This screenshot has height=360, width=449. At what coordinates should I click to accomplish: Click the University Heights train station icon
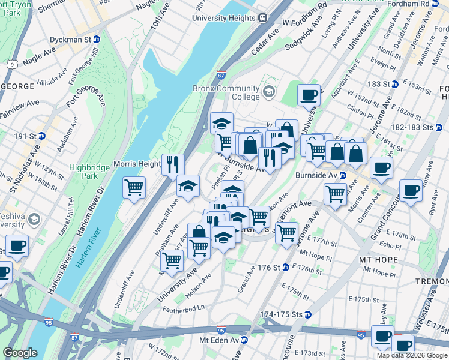pyautogui.click(x=263, y=18)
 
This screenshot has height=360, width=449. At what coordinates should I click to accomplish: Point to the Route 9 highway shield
pyautogui.click(x=11, y=64)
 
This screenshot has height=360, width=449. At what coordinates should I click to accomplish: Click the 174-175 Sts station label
pyautogui.click(x=285, y=314)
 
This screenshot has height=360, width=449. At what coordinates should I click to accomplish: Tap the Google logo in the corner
pyautogui.click(x=20, y=353)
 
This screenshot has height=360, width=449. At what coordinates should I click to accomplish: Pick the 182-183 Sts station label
pyautogui.click(x=422, y=128)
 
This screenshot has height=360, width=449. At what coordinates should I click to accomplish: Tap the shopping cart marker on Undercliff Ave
pyautogui.click(x=172, y=259)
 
